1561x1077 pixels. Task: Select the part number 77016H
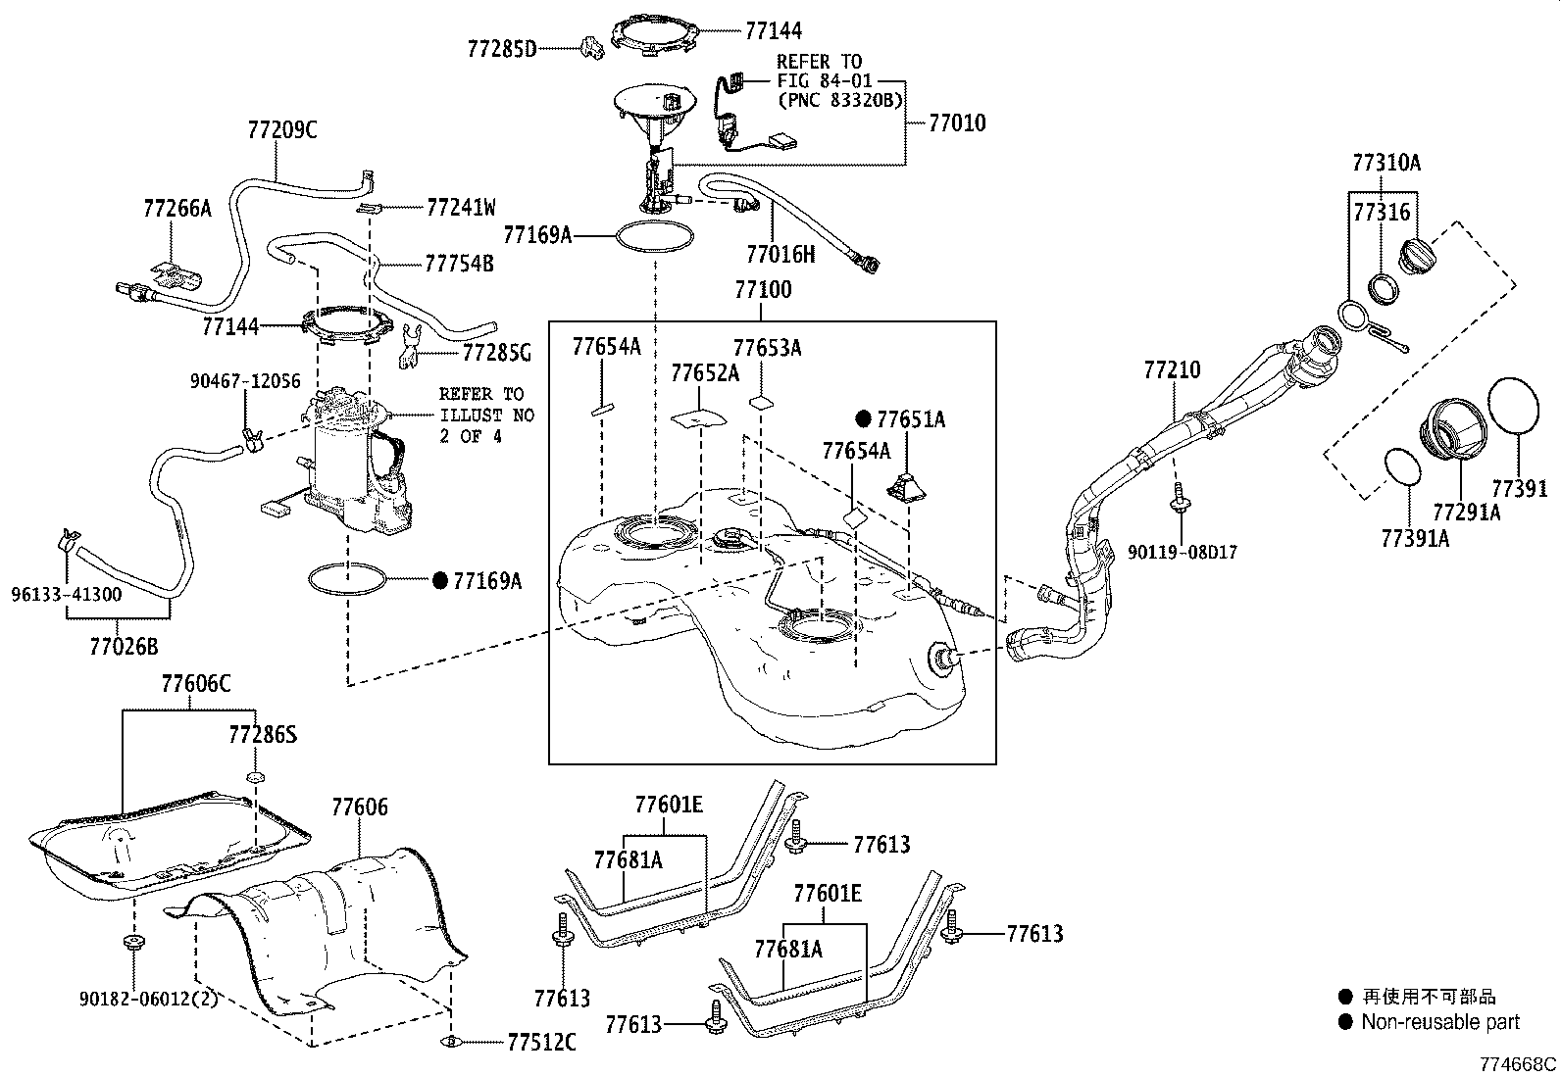[x=780, y=256]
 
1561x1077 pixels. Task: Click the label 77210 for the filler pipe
[x=1172, y=370]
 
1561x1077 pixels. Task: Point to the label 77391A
[x=1414, y=538]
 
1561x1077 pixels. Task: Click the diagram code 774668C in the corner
[x=1518, y=1064]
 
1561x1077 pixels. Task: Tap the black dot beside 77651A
[x=863, y=419]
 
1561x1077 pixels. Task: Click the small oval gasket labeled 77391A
[x=1403, y=467]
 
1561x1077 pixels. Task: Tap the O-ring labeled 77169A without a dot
[x=654, y=237]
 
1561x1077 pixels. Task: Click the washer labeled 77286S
[x=255, y=777]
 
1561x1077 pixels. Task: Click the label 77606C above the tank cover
[x=195, y=683]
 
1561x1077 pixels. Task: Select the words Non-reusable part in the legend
[x=1439, y=1022]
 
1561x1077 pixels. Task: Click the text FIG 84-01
[x=823, y=80]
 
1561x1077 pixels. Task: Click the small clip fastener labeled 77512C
[x=451, y=1041]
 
